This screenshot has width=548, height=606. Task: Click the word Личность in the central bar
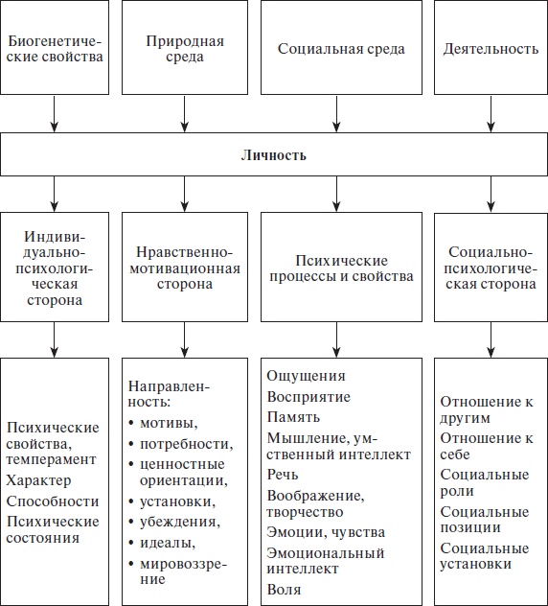point(273,154)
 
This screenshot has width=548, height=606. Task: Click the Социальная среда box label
point(340,49)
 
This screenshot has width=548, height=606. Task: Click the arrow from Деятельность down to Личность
point(491,116)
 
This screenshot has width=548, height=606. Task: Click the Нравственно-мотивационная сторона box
point(185,268)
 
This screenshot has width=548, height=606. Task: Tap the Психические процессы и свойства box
point(340,268)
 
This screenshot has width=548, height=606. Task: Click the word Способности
point(52,501)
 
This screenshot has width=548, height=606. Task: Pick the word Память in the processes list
point(293,416)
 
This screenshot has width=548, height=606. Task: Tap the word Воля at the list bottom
point(285,588)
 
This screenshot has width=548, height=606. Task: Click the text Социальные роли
point(485,482)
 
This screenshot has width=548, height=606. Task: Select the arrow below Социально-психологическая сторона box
point(491,338)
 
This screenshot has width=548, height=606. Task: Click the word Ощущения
point(306,376)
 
